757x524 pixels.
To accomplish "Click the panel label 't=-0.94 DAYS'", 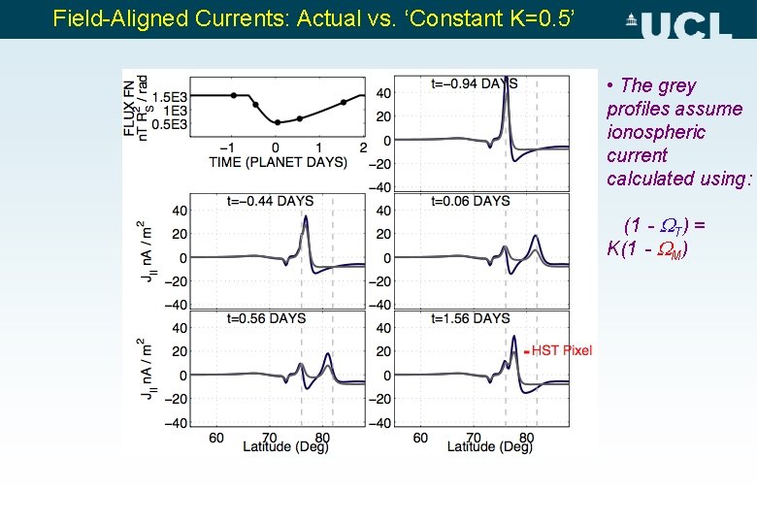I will (475, 83).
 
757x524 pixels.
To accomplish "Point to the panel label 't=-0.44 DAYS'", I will (270, 201).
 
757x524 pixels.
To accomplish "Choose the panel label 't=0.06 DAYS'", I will (471, 201).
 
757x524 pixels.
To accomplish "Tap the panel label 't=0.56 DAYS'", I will (266, 318).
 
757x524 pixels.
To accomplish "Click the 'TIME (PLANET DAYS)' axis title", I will (278, 161).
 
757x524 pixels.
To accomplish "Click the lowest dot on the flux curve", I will (278, 122).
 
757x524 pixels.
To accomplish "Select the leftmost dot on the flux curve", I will (234, 95).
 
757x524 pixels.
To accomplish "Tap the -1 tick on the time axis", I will (233, 147).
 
